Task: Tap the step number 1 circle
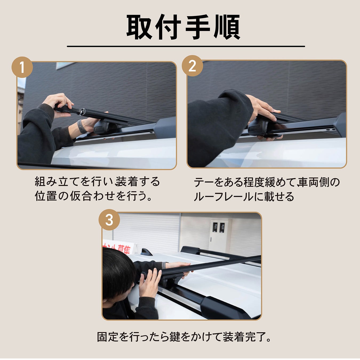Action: [22, 67]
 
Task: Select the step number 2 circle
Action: [192, 66]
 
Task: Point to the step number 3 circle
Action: [109, 220]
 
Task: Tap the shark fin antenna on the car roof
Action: [146, 252]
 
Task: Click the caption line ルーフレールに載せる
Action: [244, 197]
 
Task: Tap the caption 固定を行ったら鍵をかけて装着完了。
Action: [184, 337]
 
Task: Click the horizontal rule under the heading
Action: [186, 46]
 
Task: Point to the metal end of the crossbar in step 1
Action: [82, 112]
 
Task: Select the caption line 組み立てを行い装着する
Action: [97, 182]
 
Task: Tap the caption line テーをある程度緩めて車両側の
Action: [267, 182]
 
